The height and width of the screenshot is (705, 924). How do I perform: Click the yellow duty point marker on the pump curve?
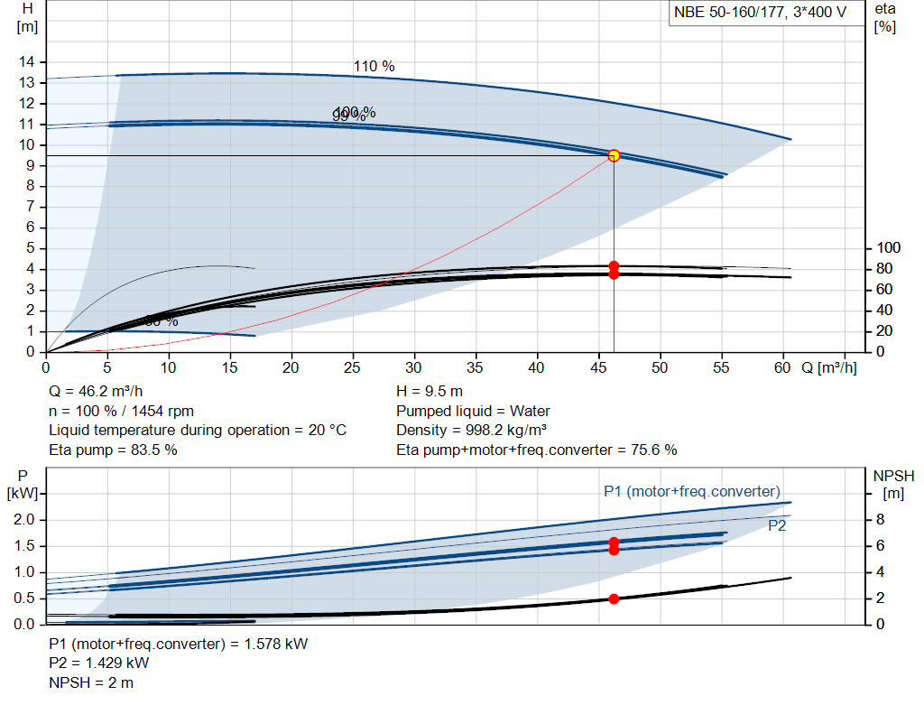[x=614, y=155]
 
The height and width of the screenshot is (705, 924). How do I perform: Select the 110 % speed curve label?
[x=374, y=66]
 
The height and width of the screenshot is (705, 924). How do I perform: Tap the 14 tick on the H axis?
[x=28, y=61]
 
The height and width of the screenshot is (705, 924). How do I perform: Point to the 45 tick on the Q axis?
[x=597, y=367]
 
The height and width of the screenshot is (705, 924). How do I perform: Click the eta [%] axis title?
[x=884, y=17]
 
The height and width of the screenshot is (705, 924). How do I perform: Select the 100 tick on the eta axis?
[x=889, y=248]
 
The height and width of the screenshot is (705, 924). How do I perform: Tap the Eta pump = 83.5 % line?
[x=113, y=450]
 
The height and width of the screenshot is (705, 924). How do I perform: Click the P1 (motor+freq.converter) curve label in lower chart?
[x=691, y=491]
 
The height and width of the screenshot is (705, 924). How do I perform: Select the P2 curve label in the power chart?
[x=777, y=525]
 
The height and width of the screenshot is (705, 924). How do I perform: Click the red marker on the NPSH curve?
[x=614, y=598]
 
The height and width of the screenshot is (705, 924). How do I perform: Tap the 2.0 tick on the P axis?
[x=23, y=520]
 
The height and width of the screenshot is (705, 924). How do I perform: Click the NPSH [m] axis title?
[x=893, y=483]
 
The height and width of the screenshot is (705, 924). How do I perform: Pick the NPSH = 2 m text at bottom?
[x=91, y=682]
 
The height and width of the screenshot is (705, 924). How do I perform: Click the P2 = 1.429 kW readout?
[x=99, y=663]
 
